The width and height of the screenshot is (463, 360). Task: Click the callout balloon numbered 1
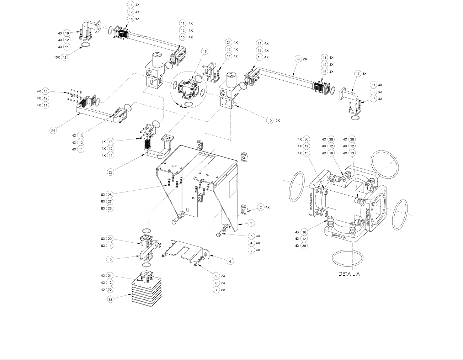click(251, 223)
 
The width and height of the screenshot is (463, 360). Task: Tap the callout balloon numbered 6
click(230, 261)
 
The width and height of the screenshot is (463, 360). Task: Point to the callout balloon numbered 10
click(270, 121)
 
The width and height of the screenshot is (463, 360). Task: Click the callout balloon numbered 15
click(204, 52)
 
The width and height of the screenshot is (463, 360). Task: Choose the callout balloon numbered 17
click(358, 73)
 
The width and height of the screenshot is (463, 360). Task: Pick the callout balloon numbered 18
click(65, 57)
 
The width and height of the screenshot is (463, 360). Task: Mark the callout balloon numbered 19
click(111, 259)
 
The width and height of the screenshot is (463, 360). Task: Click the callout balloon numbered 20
click(110, 239)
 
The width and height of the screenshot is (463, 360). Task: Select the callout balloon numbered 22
click(111, 299)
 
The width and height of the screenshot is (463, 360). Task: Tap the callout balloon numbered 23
click(111, 172)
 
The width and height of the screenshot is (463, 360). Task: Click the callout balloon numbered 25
click(298, 59)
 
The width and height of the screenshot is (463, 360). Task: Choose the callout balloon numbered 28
click(110, 195)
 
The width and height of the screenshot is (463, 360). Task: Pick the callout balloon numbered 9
click(216, 276)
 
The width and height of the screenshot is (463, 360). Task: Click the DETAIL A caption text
click(349, 274)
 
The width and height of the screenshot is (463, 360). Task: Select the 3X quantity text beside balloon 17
click(364, 73)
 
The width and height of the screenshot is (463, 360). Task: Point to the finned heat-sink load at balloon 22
click(146, 292)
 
